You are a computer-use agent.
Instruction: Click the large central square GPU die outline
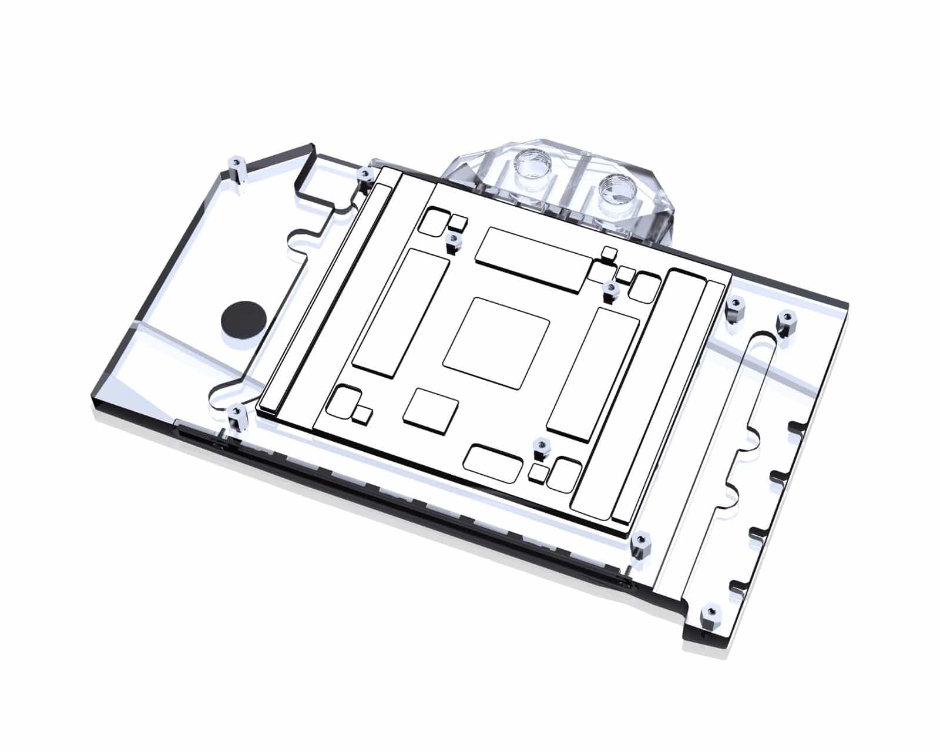pos(496,342)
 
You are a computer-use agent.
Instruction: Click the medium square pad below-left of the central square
pos(430,407)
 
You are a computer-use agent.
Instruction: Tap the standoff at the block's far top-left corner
pos(236,168)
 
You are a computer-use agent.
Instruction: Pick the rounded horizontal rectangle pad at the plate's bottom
pos(494,460)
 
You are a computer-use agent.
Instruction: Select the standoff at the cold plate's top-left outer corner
pos(365,176)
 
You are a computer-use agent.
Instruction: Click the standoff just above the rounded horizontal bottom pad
pos(539,447)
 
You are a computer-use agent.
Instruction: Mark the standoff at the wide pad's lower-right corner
pos(611,291)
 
